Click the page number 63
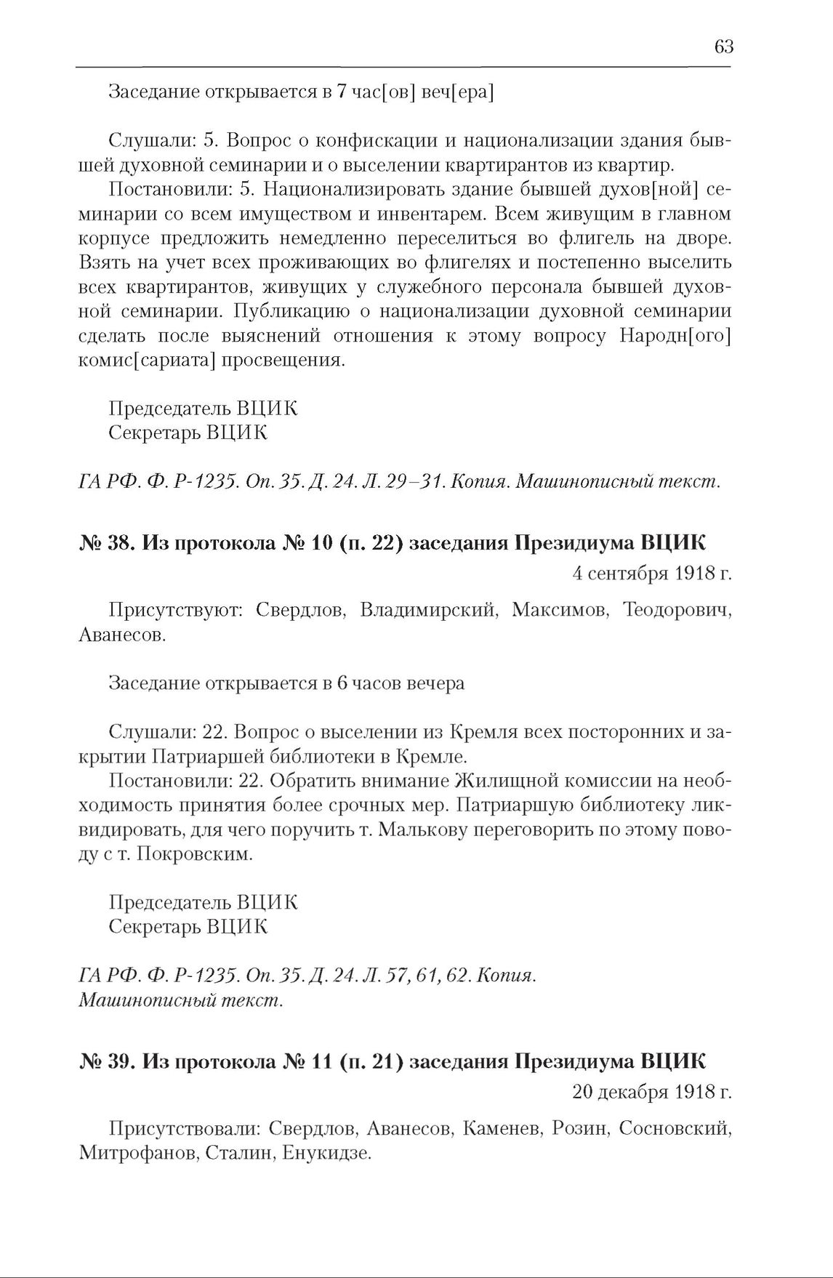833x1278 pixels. (724, 47)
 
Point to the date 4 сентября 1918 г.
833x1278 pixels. (651, 574)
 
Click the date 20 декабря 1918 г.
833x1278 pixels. (651, 1092)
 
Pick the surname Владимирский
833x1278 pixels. (428, 610)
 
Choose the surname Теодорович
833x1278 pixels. (677, 610)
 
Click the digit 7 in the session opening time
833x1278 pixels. (340, 92)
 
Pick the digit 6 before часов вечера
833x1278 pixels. (342, 684)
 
